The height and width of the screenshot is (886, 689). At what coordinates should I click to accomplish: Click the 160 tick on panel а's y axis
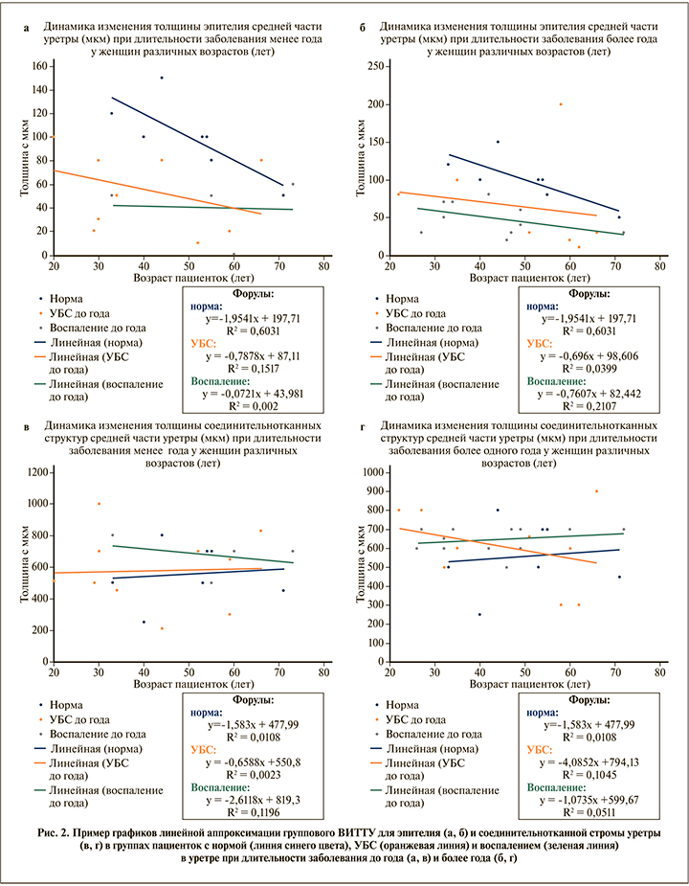point(41,66)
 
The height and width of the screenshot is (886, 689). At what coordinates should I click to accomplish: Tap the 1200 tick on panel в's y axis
point(36,472)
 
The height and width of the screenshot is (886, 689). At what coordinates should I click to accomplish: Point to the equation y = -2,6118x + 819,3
point(254,810)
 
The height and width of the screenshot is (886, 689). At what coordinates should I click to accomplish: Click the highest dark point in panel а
point(162,78)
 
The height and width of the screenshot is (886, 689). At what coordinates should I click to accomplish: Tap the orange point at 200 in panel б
point(561,104)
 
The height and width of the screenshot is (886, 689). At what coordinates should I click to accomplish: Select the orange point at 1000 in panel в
point(99,504)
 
